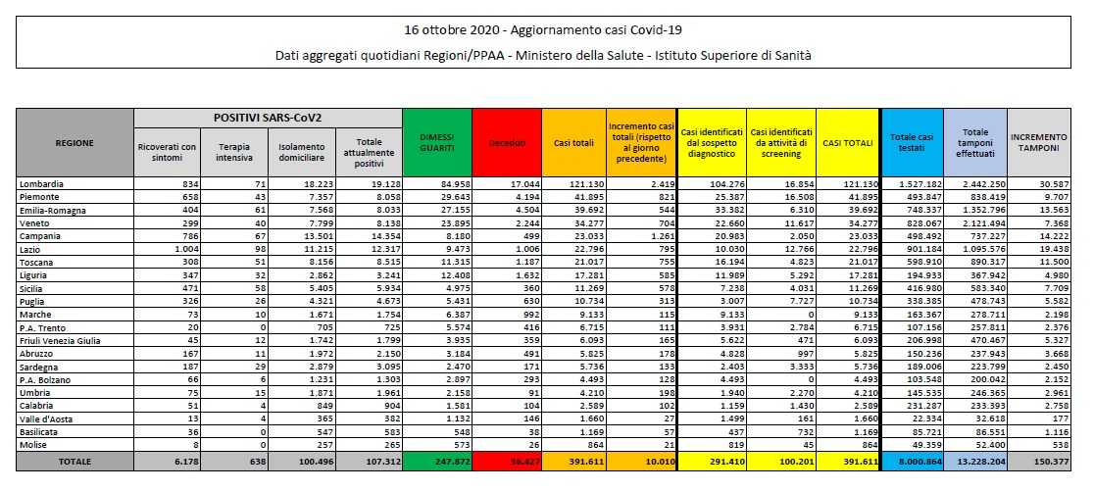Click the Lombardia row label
pyautogui.click(x=41, y=183)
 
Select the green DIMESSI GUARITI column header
pyautogui.click(x=436, y=143)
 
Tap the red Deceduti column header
pyautogui.click(x=506, y=143)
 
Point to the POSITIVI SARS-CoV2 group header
pyautogui.click(x=269, y=118)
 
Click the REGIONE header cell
pyautogui.click(x=75, y=143)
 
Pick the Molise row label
pyautogui.click(x=35, y=443)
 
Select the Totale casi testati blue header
pyautogui.click(x=911, y=143)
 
